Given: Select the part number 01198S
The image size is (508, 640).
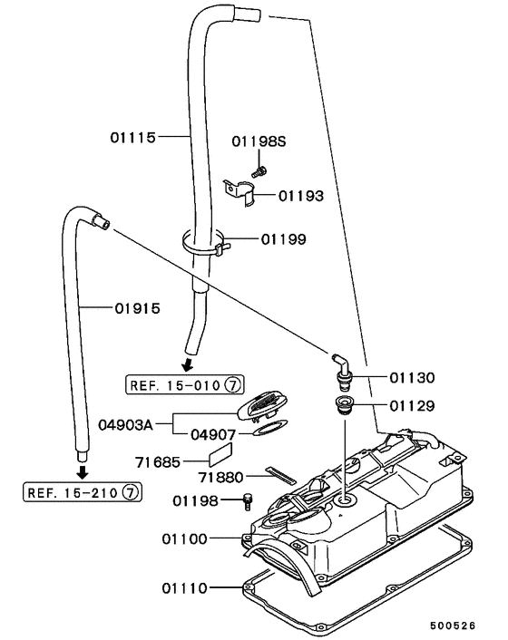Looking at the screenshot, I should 259,141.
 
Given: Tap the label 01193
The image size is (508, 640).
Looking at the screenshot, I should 300,195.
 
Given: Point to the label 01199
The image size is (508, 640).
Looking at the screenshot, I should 283,240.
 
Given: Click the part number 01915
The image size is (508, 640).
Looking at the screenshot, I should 138,307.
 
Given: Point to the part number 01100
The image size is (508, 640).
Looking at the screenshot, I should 185,538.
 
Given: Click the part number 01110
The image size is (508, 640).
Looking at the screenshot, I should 185,587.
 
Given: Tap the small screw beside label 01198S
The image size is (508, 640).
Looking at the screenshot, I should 260,169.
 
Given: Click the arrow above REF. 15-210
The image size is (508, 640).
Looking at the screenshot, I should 82,471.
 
